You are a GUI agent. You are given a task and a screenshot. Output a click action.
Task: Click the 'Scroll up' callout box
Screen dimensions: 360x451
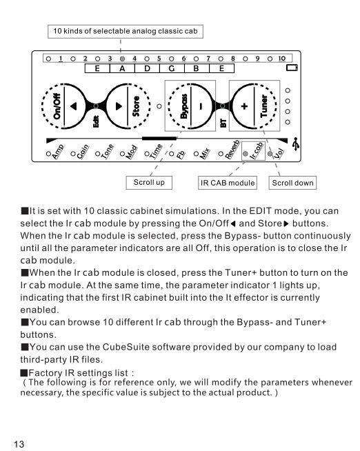pyautogui.click(x=149, y=183)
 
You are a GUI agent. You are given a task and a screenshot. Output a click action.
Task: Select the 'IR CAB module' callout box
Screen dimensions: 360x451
pyautogui.click(x=228, y=183)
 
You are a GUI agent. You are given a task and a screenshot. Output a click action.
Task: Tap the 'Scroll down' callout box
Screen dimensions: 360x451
pyautogui.click(x=292, y=183)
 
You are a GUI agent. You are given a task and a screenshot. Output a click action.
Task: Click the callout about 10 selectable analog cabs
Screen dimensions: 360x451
pyautogui.click(x=126, y=31)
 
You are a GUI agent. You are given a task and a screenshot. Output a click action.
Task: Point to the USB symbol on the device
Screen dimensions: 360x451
pyautogui.click(x=295, y=144)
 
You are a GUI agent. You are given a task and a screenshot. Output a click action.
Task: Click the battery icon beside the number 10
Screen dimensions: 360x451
pyautogui.click(x=292, y=68)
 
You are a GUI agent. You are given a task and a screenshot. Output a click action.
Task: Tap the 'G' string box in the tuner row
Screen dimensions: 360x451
pyautogui.click(x=172, y=68)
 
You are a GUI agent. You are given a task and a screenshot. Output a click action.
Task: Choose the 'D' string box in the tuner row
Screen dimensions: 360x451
pyautogui.click(x=147, y=68)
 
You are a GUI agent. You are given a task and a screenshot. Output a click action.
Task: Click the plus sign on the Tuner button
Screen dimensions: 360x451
pyautogui.click(x=244, y=106)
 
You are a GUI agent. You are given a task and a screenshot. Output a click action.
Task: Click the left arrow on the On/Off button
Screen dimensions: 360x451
pyautogui.click(x=74, y=106)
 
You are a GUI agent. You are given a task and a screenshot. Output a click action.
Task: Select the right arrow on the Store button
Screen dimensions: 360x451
pyautogui.click(x=119, y=106)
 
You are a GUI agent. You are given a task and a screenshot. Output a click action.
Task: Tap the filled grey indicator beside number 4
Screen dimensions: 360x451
pyautogui.click(x=122, y=59)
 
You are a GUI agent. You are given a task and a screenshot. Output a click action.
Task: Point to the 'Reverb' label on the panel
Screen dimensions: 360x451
pyautogui.click(x=232, y=150)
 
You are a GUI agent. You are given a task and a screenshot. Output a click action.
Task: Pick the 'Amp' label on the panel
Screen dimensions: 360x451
pyautogui.click(x=58, y=152)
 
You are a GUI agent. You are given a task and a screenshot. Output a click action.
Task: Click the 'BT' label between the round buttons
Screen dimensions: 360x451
pyautogui.click(x=223, y=123)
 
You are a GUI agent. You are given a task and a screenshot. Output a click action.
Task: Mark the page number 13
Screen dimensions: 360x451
pyautogui.click(x=19, y=444)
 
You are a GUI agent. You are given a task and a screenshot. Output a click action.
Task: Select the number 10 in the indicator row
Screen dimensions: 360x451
pyautogui.click(x=282, y=59)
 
